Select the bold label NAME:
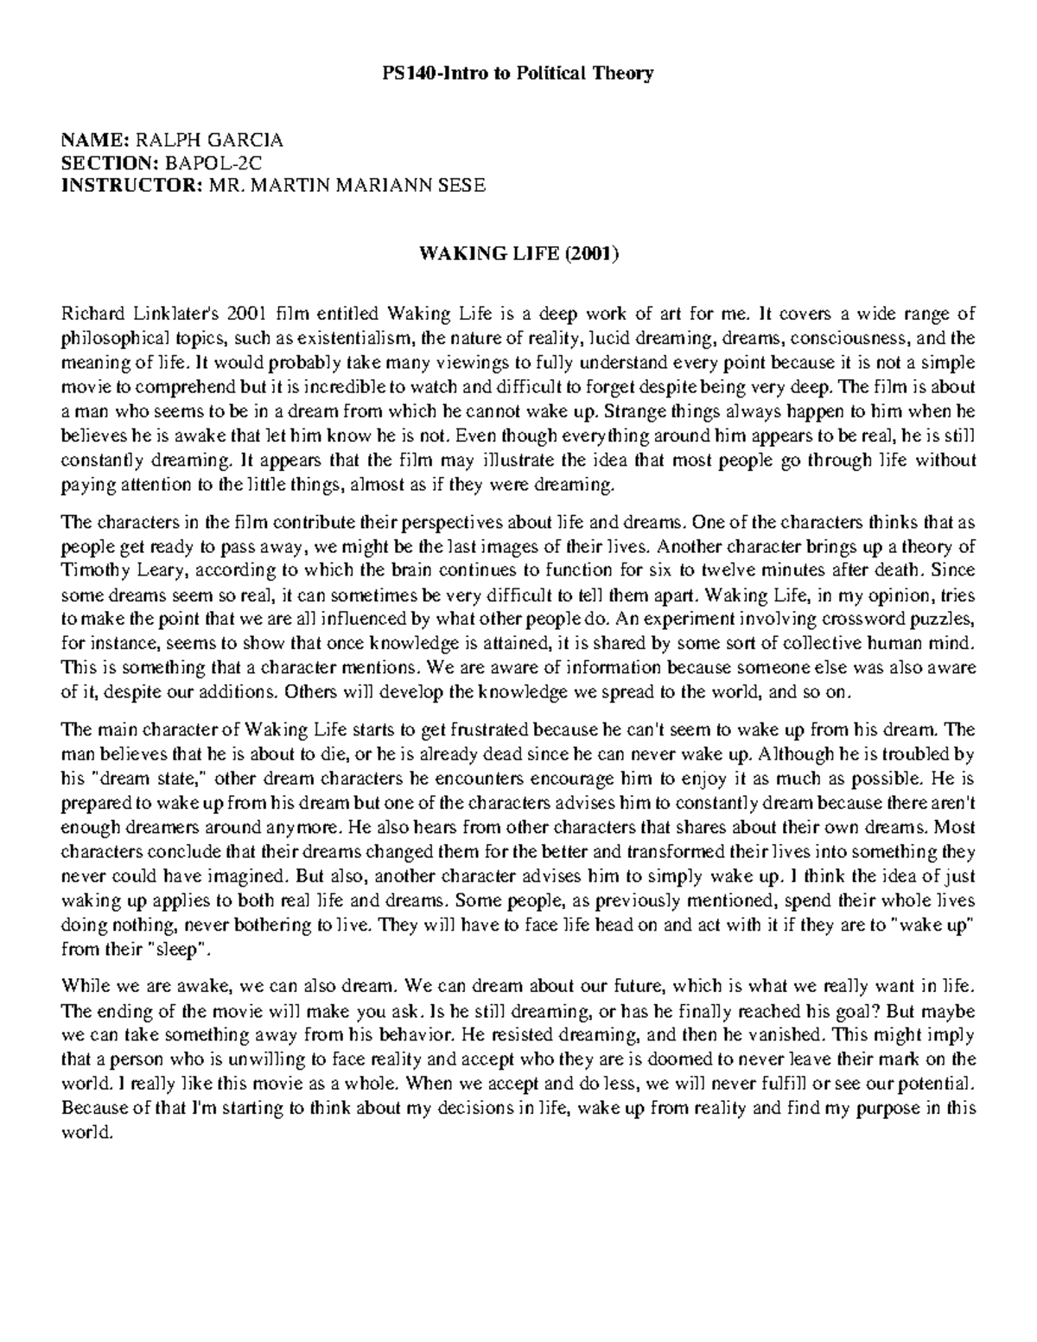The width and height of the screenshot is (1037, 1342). [x=94, y=140]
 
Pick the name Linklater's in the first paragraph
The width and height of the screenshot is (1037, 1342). [x=182, y=313]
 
